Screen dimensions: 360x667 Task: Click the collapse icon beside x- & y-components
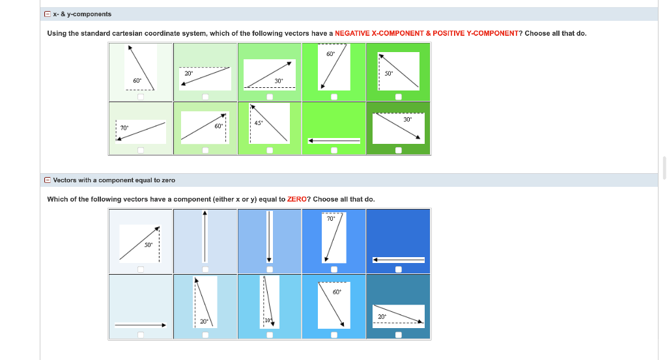coord(48,14)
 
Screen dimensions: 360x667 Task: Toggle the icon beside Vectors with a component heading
coord(48,180)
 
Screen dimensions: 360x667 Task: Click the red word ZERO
coord(297,199)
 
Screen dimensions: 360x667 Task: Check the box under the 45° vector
coord(270,150)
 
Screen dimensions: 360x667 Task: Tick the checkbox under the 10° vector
coord(270,335)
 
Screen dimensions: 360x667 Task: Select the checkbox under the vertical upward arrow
coord(205,269)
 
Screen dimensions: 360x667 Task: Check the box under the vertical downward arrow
coord(270,269)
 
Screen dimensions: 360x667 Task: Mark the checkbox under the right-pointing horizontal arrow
coord(141,335)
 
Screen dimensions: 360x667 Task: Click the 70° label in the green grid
coord(124,128)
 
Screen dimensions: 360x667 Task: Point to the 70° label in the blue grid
coord(331,219)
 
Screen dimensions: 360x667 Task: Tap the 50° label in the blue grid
coord(148,245)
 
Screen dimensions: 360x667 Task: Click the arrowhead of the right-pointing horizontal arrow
coord(163,325)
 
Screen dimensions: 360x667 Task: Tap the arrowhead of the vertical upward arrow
coord(205,213)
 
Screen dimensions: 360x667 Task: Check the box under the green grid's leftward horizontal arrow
coord(334,150)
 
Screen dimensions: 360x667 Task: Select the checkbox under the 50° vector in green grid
coord(399,97)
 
